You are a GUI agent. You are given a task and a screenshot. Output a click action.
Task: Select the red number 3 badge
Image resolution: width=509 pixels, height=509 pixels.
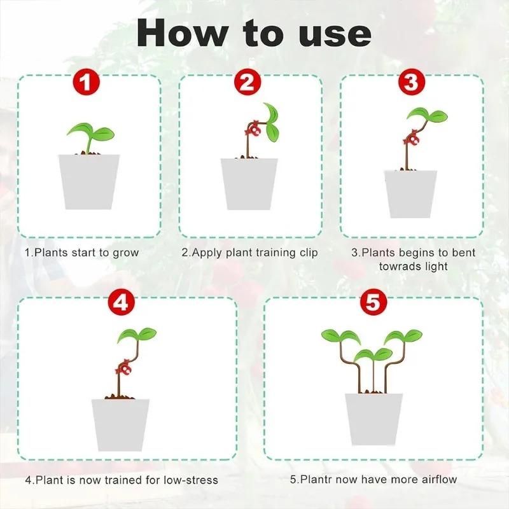412,83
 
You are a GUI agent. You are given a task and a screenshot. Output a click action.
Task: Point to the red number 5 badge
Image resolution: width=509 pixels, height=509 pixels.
373,303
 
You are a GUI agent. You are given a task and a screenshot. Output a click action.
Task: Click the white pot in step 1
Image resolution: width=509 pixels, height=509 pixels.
89,181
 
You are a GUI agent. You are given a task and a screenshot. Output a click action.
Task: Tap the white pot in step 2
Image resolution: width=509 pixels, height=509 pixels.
249,184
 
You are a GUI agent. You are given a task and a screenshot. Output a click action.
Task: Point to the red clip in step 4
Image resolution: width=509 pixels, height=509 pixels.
122,368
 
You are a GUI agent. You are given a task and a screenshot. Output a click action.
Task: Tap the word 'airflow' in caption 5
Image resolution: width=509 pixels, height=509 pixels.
436,479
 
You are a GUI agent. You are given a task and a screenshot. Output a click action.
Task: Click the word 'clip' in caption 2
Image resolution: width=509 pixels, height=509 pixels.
308,253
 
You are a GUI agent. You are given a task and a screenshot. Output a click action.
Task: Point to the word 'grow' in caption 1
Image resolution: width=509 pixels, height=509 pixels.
125,253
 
